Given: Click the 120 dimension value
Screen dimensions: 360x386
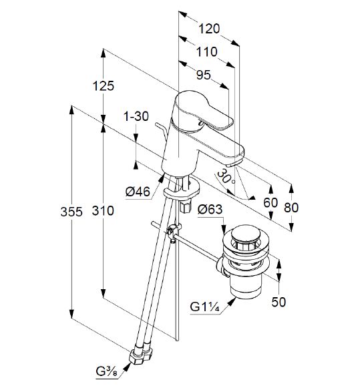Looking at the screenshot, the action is (209, 29).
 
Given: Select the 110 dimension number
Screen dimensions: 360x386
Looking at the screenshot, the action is (207, 52).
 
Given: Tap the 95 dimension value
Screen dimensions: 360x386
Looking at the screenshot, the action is (204, 75).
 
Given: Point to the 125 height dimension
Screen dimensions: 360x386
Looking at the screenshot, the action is (104, 86).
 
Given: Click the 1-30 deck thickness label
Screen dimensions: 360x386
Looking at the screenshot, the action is (136, 116).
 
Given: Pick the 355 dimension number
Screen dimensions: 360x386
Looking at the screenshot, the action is (71, 212).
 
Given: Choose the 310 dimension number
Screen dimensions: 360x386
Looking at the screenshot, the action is (103, 211).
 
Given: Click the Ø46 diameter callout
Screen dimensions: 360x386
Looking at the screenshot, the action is (138, 192).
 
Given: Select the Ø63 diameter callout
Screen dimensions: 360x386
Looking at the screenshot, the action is (210, 210).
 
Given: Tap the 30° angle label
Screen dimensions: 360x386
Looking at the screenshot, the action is (226, 177).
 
